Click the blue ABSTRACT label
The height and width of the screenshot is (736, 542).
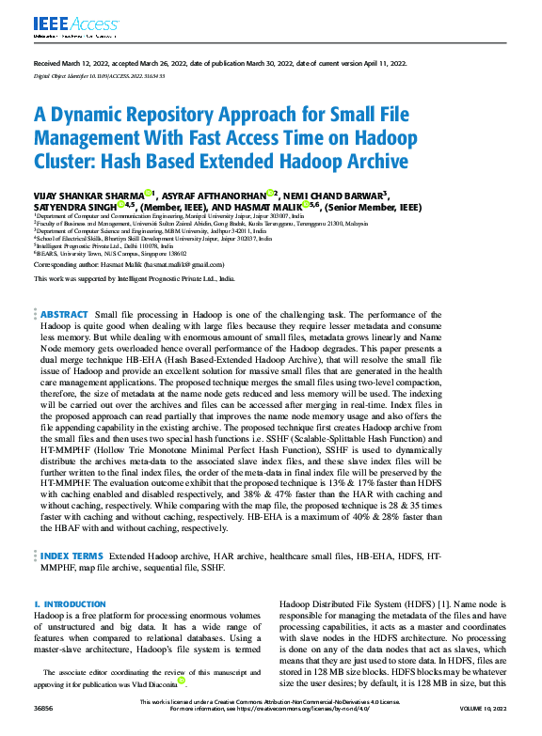pyautogui.click(x=64, y=314)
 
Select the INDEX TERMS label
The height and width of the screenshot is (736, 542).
pyautogui.click(x=72, y=557)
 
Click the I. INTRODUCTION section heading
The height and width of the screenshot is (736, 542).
pyautogui.click(x=70, y=603)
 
